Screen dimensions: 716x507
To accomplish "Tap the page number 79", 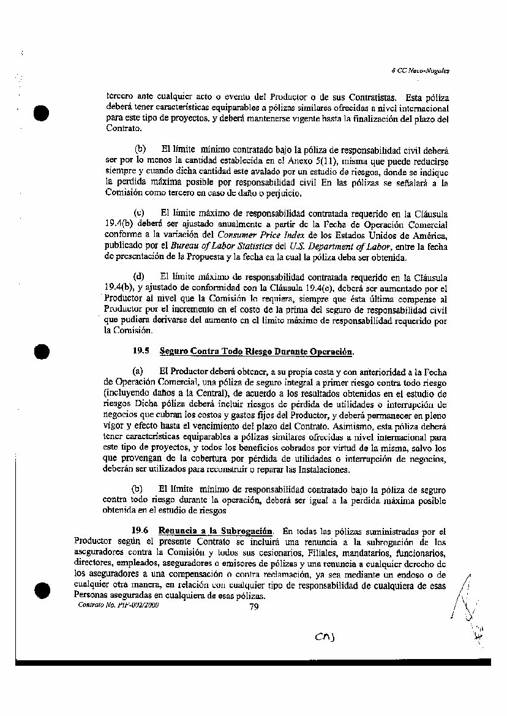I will pyautogui.click(x=255, y=607).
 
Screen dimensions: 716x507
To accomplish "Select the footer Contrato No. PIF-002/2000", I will pyautogui.click(x=118, y=604).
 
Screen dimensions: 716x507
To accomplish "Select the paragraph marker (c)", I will pyautogui.click(x=140, y=214).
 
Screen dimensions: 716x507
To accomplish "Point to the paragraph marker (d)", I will pyautogui.click(x=140, y=277).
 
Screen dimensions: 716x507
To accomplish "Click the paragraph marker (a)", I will pyautogui.click(x=138, y=371).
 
